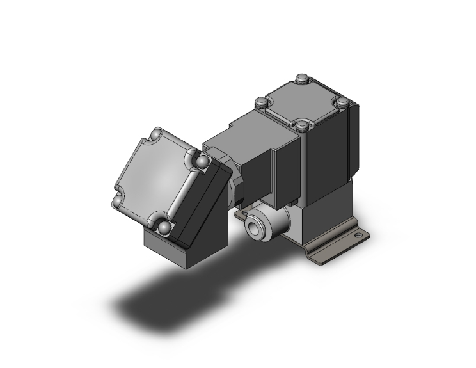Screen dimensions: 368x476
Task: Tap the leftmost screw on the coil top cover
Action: pos(260,102)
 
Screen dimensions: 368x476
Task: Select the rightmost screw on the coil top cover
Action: pos(342,101)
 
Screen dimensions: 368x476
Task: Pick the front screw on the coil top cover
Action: pos(303,125)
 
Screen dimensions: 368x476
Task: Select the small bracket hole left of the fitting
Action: pos(241,216)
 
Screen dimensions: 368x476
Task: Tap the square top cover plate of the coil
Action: pos(301,102)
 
